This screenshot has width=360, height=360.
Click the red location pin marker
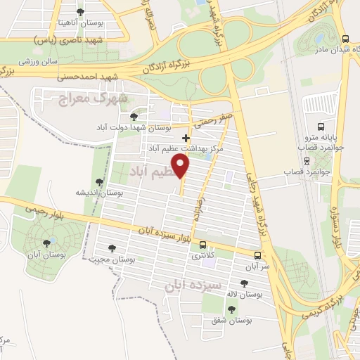pos(181,166)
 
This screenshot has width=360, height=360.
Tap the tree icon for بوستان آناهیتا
pos(79,12)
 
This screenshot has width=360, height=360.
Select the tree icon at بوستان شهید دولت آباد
pos(134,115)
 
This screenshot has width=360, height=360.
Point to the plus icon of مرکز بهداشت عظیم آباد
pos(185,138)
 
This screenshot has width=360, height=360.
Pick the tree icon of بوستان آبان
pos(48,243)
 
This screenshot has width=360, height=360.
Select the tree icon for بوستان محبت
pos(112,247)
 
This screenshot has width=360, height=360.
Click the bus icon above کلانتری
pos(202,245)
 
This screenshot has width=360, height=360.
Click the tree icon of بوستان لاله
pos(243,283)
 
